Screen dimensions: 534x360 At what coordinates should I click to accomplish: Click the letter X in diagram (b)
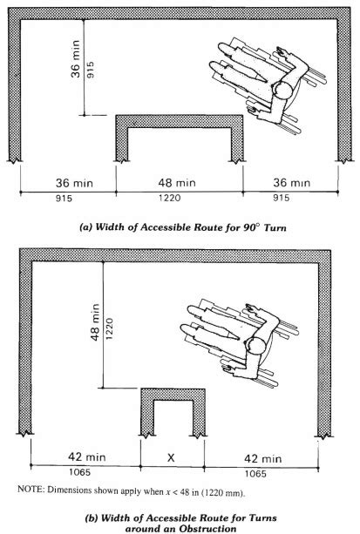[x=173, y=456]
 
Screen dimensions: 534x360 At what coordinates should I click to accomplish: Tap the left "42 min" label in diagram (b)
[x=85, y=456]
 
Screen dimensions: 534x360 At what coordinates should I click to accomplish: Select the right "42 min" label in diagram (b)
[x=262, y=456]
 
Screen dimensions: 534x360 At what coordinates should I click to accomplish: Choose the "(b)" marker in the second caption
[x=87, y=517]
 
